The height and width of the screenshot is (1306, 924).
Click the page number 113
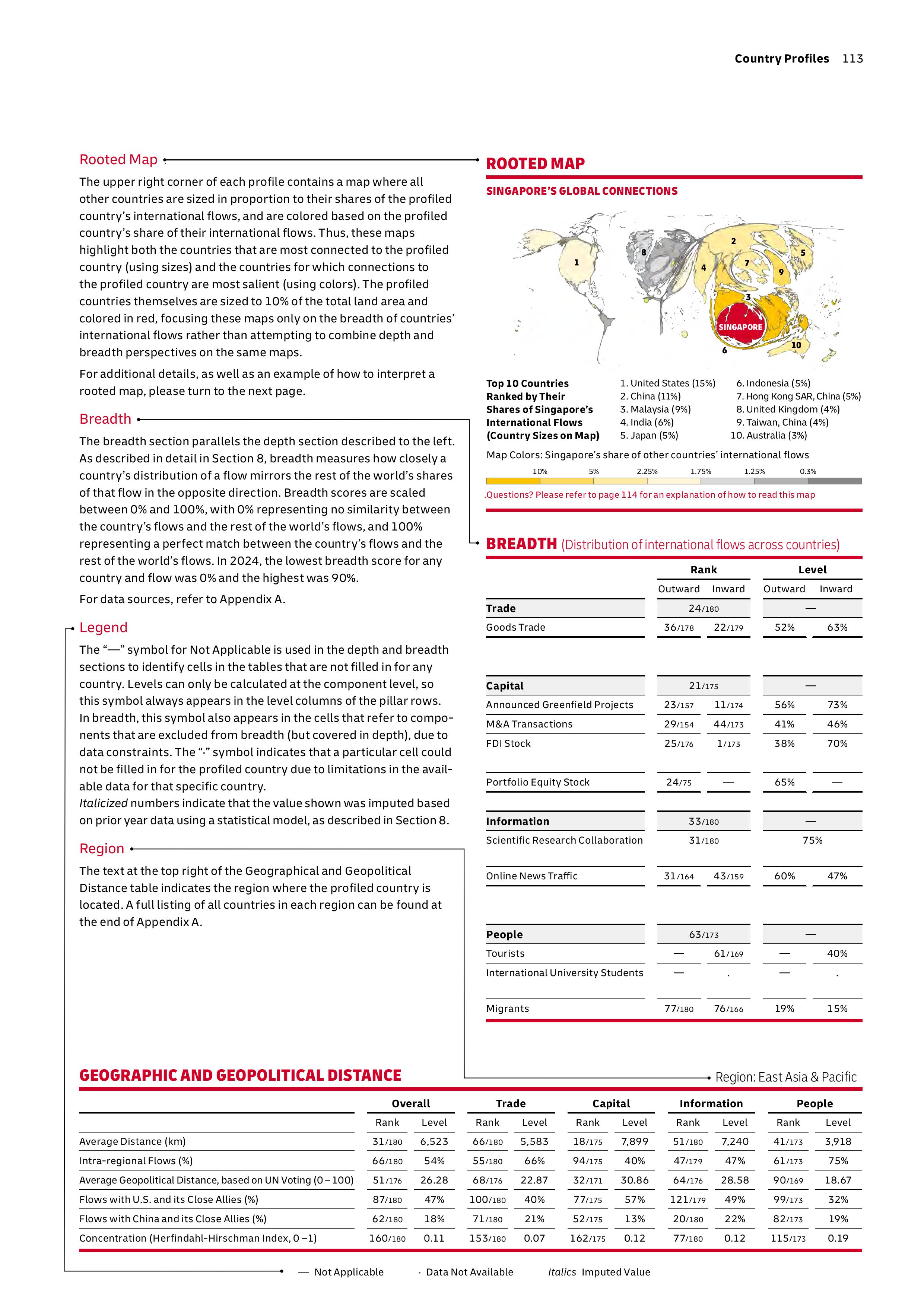tap(852, 58)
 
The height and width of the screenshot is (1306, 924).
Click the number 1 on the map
tap(577, 262)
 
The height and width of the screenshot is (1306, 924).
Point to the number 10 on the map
tap(796, 345)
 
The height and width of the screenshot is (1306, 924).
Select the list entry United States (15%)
tap(667, 383)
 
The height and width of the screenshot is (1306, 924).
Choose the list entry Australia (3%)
tap(769, 435)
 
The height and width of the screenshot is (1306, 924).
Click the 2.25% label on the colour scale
tap(647, 472)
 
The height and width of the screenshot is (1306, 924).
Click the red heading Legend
tap(103, 627)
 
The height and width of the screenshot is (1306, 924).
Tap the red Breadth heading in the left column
tap(105, 419)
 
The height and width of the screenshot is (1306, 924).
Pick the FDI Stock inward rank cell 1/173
tap(728, 743)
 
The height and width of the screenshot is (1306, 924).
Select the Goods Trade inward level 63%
tap(837, 627)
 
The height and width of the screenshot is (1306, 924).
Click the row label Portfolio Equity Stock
tap(538, 782)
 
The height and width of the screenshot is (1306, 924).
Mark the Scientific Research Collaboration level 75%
tap(812, 840)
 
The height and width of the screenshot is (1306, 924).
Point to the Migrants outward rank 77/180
tap(679, 1009)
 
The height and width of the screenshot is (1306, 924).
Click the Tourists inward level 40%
tap(837, 953)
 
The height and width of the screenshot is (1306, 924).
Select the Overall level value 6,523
tap(434, 1141)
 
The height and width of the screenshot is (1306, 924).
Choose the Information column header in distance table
tap(711, 1103)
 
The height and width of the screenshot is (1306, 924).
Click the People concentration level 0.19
tap(838, 1238)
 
